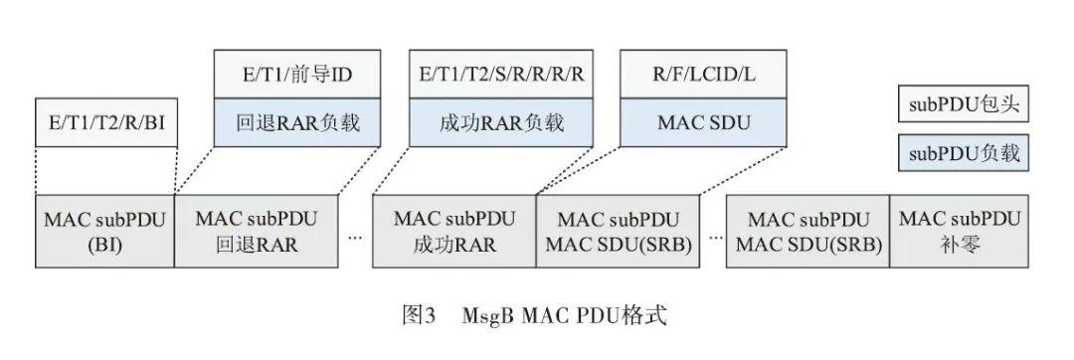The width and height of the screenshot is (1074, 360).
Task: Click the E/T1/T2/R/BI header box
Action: (x=105, y=123)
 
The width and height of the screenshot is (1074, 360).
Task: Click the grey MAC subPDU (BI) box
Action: (x=104, y=231)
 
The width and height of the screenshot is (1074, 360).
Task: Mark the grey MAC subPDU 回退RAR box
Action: (x=257, y=231)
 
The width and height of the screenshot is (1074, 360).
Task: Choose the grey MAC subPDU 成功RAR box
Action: (x=454, y=231)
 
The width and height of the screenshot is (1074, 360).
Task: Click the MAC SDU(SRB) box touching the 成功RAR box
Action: (x=619, y=231)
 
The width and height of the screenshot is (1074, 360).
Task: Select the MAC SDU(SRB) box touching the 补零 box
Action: (x=807, y=231)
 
